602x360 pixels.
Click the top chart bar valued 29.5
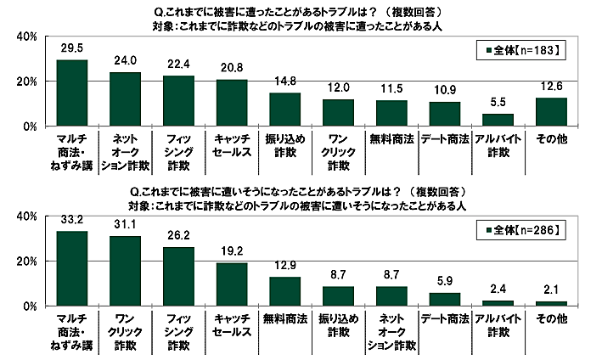click(x=71, y=93)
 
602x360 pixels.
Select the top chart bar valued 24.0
click(x=125, y=98)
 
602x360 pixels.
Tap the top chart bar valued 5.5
click(x=498, y=120)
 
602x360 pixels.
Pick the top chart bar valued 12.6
click(x=552, y=111)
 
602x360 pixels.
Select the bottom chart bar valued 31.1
click(x=125, y=271)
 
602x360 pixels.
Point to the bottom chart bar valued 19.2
click(x=232, y=284)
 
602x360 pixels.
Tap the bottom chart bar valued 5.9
click(x=445, y=299)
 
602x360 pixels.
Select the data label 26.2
click(x=178, y=239)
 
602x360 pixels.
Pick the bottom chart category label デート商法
click(x=445, y=316)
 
